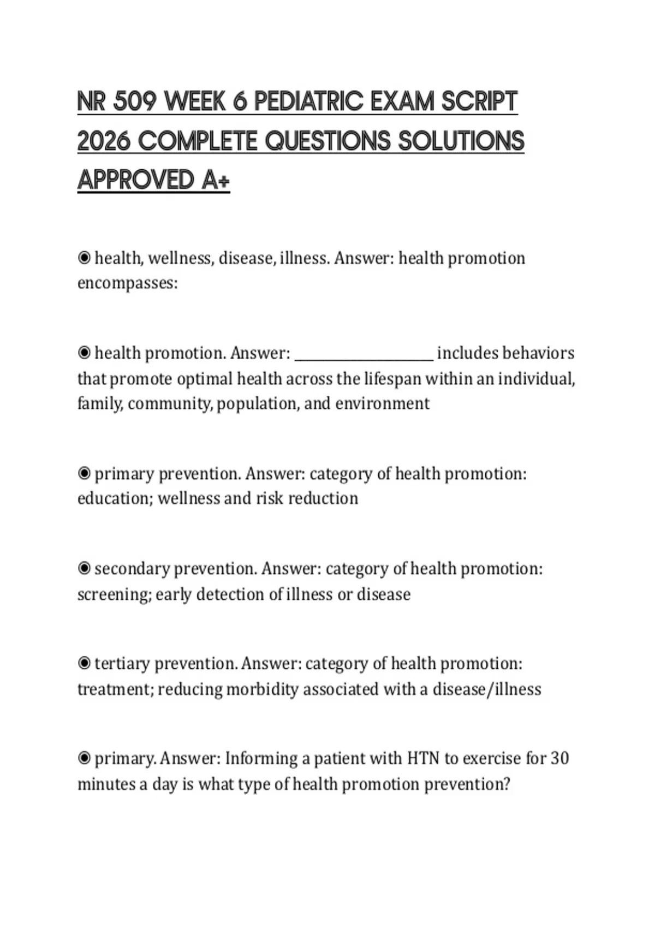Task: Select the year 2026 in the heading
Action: (104, 141)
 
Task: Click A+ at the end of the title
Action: (216, 180)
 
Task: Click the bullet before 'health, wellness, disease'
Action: (84, 258)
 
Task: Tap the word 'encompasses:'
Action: (128, 283)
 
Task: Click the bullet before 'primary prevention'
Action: (84, 473)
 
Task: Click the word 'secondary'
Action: (132, 568)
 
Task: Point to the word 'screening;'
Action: (114, 594)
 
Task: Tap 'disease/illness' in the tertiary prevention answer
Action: (487, 689)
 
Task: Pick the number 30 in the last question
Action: (559, 758)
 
